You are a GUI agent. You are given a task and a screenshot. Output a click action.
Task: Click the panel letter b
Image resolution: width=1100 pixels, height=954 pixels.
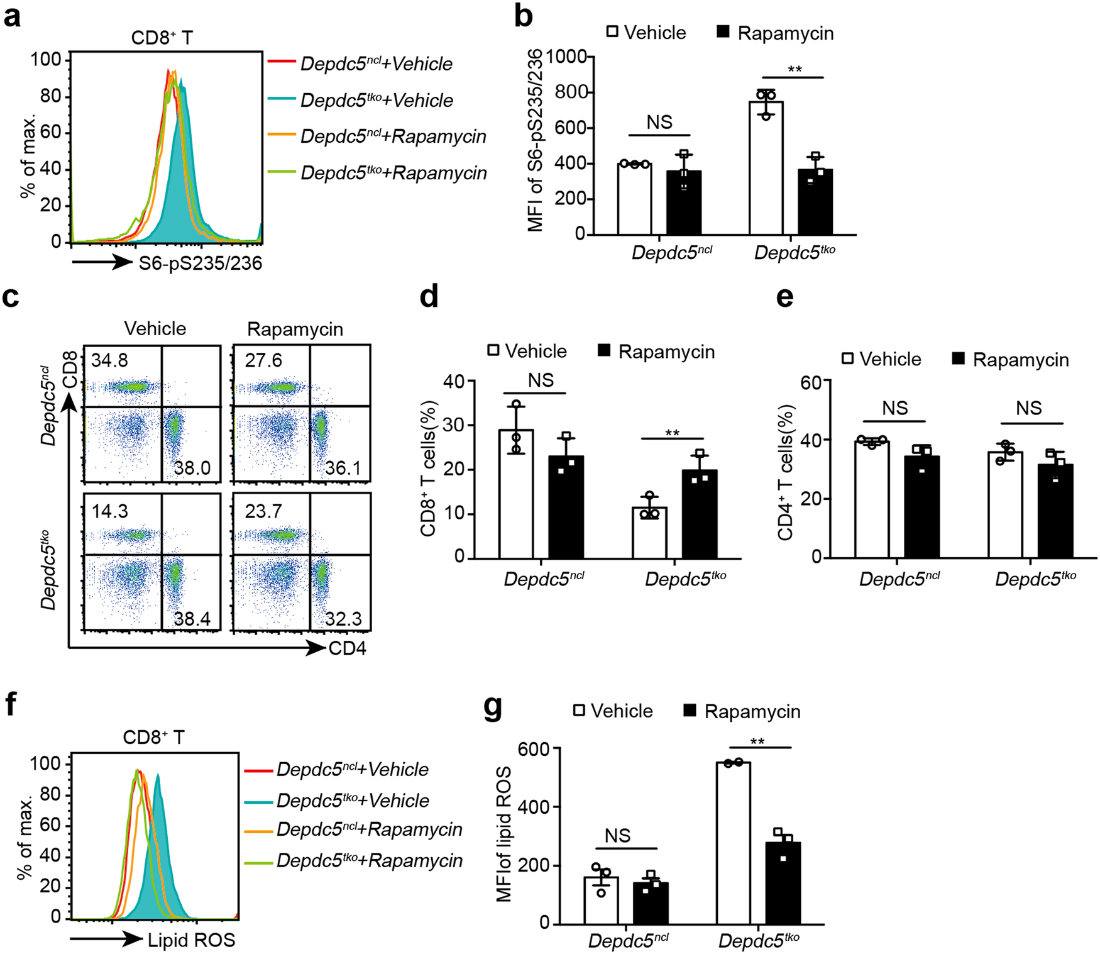pyautogui.click(x=523, y=16)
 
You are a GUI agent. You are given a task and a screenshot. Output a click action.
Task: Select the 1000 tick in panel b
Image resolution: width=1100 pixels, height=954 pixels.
pyautogui.click(x=566, y=57)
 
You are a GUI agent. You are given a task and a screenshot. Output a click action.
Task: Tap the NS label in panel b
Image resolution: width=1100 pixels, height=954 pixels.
pyautogui.click(x=659, y=122)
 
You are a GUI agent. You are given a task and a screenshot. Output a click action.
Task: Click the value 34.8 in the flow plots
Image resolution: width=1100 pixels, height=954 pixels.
pyautogui.click(x=109, y=360)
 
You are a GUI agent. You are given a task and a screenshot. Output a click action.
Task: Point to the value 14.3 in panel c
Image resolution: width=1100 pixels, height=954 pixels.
pyautogui.click(x=109, y=511)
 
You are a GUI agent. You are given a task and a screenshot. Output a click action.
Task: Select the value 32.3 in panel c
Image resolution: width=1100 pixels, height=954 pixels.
pyautogui.click(x=343, y=619)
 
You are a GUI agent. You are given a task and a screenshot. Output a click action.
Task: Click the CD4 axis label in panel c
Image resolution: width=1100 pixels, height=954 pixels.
pyautogui.click(x=347, y=648)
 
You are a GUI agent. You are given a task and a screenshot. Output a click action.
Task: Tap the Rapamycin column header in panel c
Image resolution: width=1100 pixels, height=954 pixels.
pyautogui.click(x=295, y=329)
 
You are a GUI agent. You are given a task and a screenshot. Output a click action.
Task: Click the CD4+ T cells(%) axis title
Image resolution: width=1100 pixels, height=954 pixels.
pyautogui.click(x=786, y=472)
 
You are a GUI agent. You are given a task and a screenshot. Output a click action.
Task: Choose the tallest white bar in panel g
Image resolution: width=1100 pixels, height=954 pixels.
pyautogui.click(x=733, y=843)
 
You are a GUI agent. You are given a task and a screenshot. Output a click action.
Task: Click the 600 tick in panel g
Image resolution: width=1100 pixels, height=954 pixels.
pyautogui.click(x=534, y=749)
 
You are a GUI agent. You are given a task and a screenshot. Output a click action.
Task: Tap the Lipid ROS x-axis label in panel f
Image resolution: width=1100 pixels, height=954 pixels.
pyautogui.click(x=191, y=940)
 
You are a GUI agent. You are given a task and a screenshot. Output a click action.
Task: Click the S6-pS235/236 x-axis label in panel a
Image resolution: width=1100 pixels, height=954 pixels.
pyautogui.click(x=200, y=263)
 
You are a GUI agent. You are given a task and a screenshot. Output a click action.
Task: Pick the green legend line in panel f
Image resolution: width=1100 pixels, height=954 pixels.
pyautogui.click(x=258, y=862)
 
